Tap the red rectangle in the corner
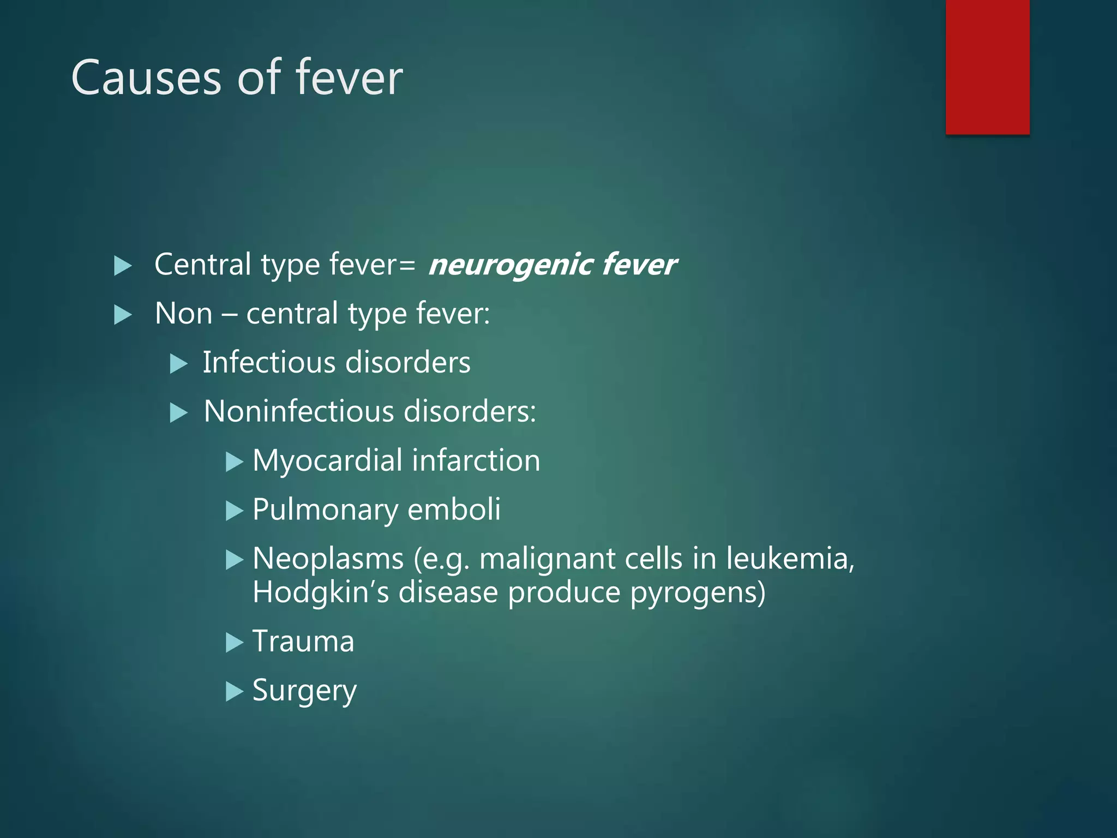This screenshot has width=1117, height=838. click(x=987, y=67)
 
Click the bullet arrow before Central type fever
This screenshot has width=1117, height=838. click(x=123, y=266)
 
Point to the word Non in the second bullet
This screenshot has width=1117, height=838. click(x=183, y=314)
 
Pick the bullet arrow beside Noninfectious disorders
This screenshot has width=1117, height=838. click(x=179, y=412)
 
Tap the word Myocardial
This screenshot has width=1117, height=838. click(x=327, y=460)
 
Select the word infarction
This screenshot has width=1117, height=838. click(x=476, y=460)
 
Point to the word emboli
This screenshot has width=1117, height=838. click(x=454, y=510)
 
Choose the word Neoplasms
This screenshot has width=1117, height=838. click(x=328, y=559)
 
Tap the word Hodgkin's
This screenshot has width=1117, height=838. click(x=321, y=592)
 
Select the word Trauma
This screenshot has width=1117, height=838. click(x=303, y=642)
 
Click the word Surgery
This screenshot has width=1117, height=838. click(x=304, y=691)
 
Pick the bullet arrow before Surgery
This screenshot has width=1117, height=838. click(x=235, y=692)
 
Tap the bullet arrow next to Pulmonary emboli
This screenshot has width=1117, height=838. click(x=235, y=511)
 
